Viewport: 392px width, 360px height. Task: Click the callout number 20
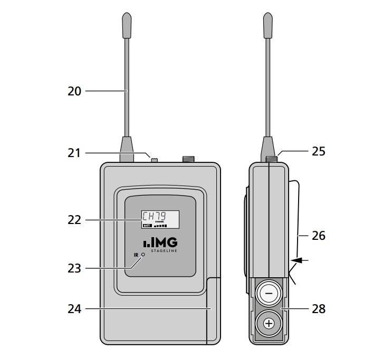point(74,91)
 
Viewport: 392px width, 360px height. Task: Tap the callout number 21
point(74,153)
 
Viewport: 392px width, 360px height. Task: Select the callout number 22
point(74,219)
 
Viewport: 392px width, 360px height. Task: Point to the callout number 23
point(74,268)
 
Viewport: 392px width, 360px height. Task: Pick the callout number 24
point(74,309)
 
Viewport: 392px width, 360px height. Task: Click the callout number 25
point(318,152)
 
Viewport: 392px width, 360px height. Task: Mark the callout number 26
point(318,236)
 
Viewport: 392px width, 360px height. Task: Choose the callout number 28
point(318,309)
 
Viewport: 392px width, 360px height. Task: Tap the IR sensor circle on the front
point(142,255)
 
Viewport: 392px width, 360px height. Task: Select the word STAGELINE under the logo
point(165,251)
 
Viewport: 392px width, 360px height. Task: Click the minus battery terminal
point(269,293)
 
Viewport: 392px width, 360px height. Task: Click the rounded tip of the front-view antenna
point(127,25)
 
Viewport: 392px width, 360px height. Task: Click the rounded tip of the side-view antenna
point(269,25)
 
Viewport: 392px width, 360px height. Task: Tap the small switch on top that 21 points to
point(155,159)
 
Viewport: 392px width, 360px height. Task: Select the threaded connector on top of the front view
point(188,159)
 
